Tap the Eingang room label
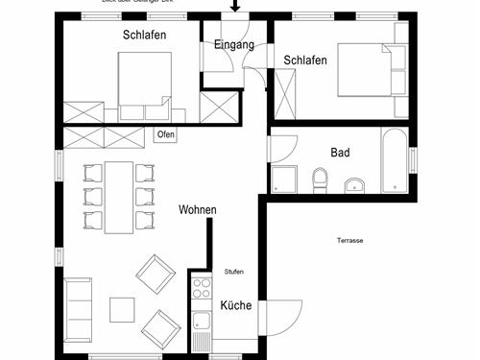(x=234, y=45)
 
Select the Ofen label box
(x=165, y=134)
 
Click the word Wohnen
(x=197, y=209)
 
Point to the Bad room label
(x=340, y=152)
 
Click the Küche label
(x=235, y=305)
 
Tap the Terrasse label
(x=349, y=240)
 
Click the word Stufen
(x=234, y=272)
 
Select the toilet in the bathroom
(x=321, y=180)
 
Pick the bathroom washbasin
(x=354, y=183)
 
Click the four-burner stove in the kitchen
(x=201, y=286)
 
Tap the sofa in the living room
(x=78, y=309)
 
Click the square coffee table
(x=122, y=309)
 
